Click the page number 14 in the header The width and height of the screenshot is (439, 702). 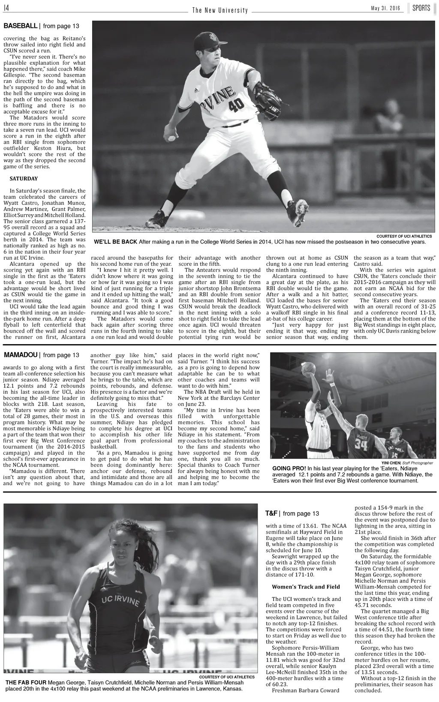7,8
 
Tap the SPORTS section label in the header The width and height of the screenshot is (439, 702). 421,8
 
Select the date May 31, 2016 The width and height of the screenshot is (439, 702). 385,9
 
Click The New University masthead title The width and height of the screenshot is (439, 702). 220,10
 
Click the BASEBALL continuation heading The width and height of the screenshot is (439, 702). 21,26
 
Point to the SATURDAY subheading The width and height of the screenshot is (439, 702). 24,179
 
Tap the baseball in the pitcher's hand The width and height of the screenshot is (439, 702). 172,138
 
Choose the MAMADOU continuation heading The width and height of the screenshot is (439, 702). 21,355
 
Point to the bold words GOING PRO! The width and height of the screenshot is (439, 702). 289,468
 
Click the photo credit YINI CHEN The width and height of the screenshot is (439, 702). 391,463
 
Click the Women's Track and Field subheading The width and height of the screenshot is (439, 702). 306,587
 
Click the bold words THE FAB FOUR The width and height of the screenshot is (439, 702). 26,683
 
